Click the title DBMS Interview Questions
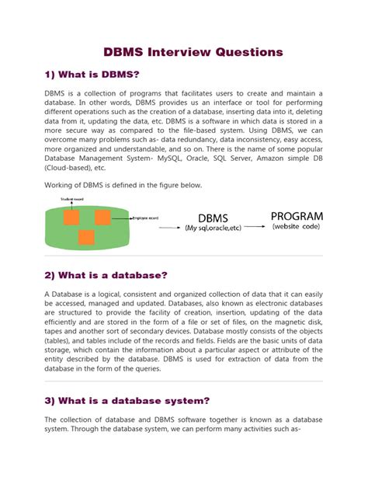coord(194,52)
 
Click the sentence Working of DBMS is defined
coord(113,185)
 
